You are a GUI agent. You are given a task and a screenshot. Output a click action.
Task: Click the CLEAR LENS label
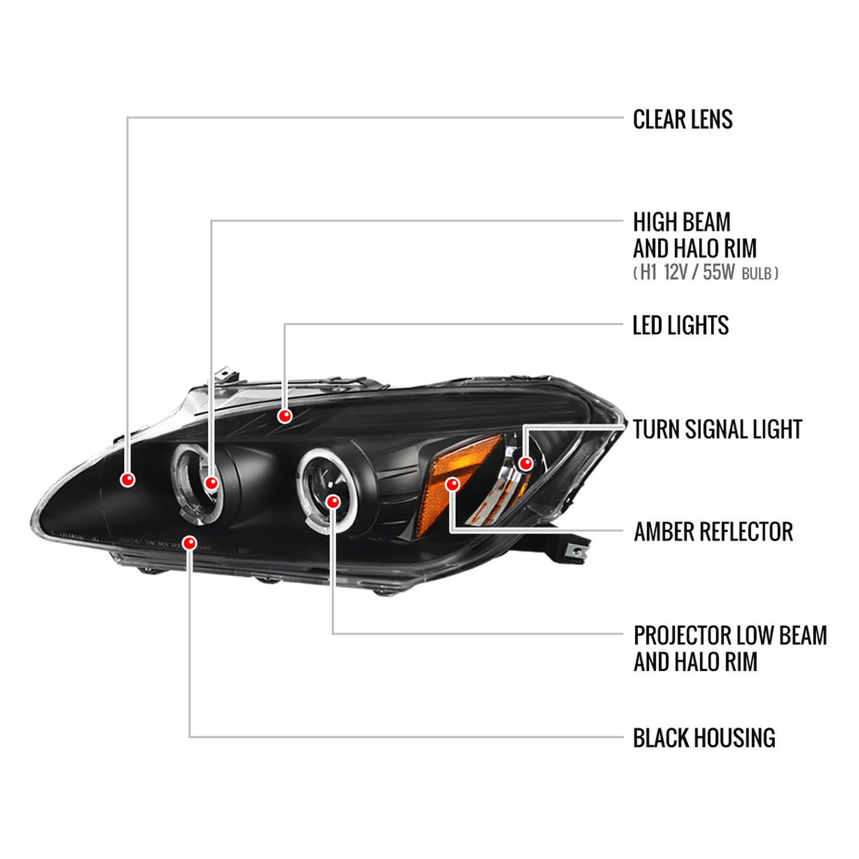pos(683,120)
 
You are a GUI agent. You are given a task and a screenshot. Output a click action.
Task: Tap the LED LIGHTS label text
pos(680,325)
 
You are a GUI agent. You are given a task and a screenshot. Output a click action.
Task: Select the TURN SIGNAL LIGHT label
pos(718,429)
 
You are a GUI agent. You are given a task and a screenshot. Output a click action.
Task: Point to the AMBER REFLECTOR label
pos(714,532)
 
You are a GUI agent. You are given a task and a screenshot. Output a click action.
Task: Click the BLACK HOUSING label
pos(704,738)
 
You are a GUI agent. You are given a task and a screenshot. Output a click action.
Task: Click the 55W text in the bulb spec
pos(719,273)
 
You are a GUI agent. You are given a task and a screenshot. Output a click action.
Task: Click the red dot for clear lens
pos(128,479)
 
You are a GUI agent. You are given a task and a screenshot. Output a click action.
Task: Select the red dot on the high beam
pos(211,483)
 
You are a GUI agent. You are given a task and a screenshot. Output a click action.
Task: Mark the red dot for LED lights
pos(285,416)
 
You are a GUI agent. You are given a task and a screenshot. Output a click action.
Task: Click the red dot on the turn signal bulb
pos(525,463)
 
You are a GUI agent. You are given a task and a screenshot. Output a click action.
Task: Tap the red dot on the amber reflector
pos(452,484)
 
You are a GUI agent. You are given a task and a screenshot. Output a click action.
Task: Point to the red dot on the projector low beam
pos(333,502)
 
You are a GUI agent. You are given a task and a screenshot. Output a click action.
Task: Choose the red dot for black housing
pos(190,542)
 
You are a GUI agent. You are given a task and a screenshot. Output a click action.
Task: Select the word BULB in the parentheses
pos(756,274)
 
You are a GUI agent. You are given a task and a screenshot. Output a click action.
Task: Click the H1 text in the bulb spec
pos(648,273)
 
